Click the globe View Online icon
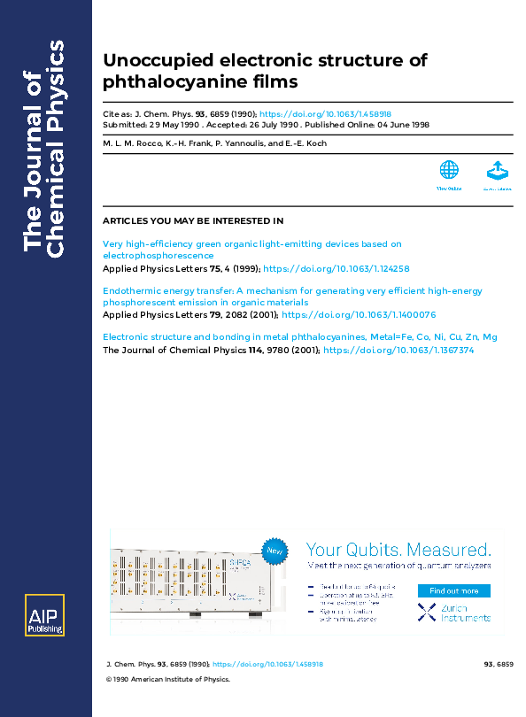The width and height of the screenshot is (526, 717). (x=449, y=170)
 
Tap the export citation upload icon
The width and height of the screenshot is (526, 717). (x=497, y=170)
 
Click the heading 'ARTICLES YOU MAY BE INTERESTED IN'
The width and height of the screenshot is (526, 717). (x=193, y=220)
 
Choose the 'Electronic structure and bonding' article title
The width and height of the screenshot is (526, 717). (x=299, y=337)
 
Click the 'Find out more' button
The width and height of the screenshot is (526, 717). (x=453, y=590)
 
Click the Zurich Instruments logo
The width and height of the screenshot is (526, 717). (x=453, y=612)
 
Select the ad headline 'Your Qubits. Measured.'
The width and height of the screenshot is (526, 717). (x=398, y=549)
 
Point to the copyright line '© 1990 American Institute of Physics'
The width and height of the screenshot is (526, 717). (x=167, y=680)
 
